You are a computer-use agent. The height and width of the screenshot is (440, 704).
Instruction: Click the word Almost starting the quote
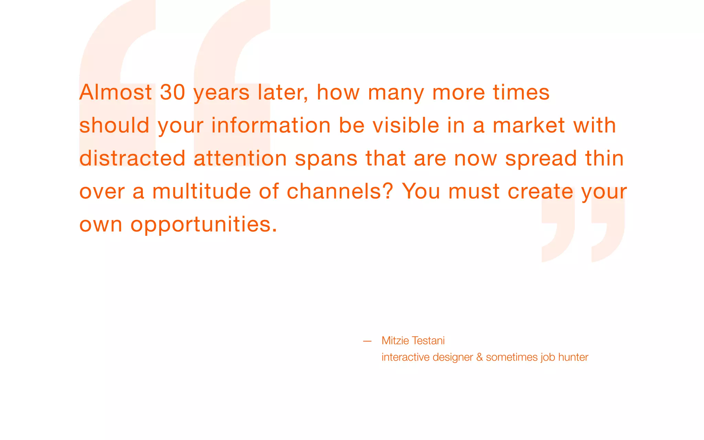tap(115, 93)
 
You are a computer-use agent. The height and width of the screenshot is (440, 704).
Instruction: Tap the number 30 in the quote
tap(173, 93)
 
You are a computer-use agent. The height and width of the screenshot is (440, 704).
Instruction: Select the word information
tap(271, 125)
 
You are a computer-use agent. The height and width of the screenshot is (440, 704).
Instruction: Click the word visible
tap(406, 125)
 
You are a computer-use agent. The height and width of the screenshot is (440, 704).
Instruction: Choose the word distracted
tap(132, 158)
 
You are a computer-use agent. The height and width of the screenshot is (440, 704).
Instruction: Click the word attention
tap(240, 158)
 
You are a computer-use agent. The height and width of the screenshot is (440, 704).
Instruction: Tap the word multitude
tap(201, 191)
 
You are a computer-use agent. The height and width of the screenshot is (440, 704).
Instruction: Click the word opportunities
tap(203, 225)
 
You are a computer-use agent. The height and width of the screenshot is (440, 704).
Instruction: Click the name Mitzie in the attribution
tap(395, 341)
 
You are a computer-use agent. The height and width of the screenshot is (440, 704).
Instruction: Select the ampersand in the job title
tap(480, 357)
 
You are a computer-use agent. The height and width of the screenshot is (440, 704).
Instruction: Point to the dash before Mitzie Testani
tap(367, 341)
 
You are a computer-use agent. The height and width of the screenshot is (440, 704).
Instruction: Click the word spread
tap(541, 159)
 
